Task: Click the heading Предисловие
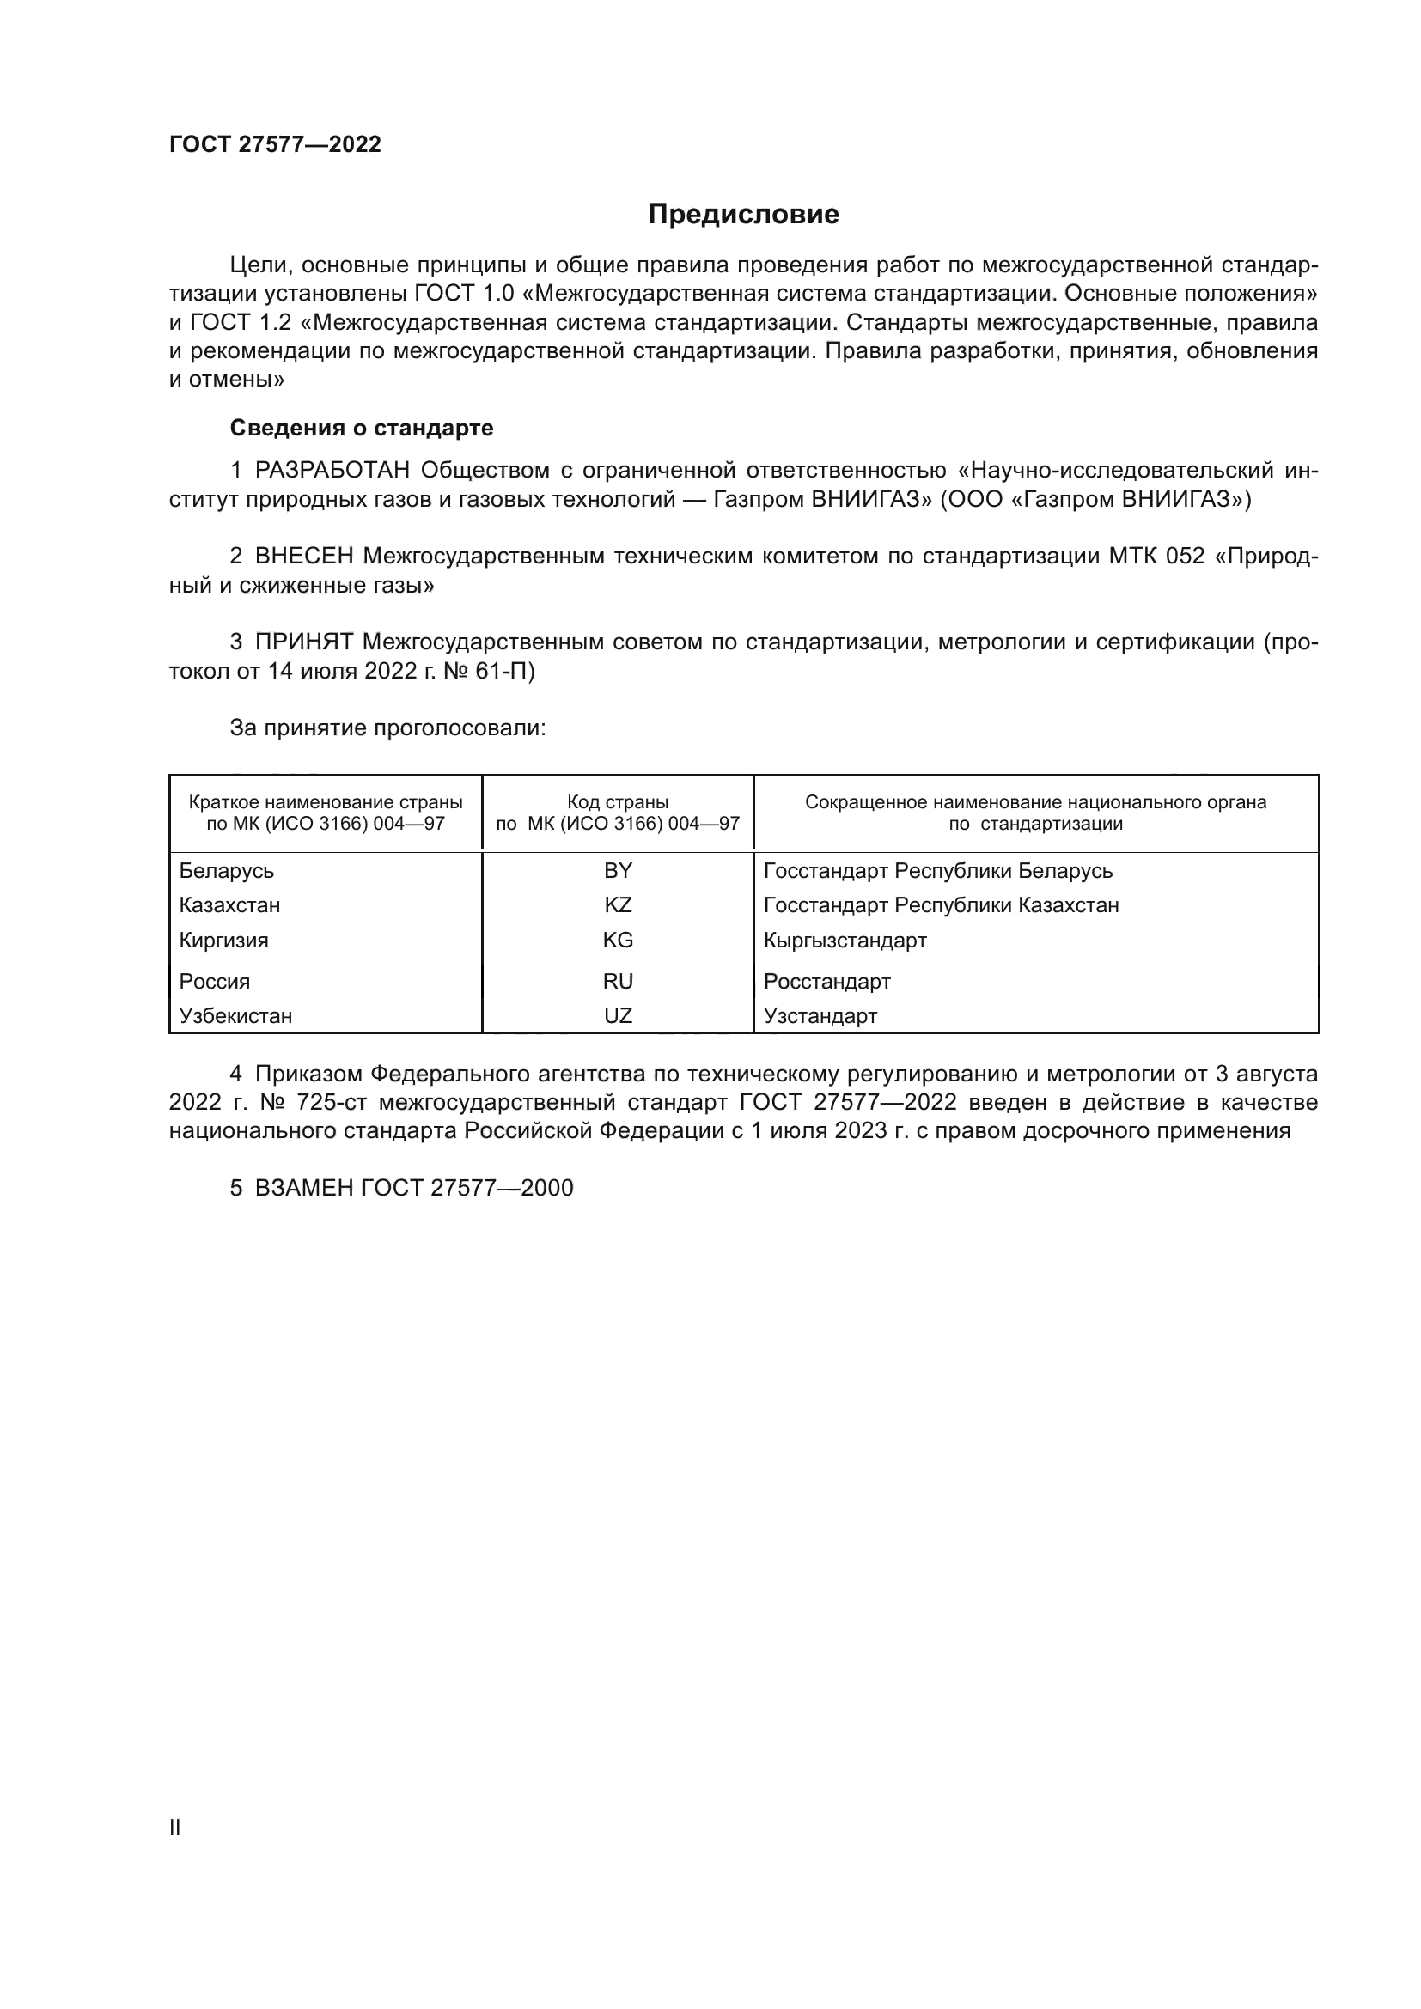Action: point(743,215)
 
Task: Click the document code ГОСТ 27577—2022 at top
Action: point(275,144)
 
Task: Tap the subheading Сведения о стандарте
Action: point(362,428)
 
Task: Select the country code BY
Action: point(618,871)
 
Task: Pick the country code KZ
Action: point(618,904)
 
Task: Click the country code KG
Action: point(618,941)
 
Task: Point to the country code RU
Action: point(618,981)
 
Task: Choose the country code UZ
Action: point(618,1016)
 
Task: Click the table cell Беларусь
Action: point(227,871)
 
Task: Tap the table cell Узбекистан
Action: point(235,1016)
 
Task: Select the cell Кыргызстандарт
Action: point(845,941)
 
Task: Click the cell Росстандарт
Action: point(826,981)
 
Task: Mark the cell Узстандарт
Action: point(820,1016)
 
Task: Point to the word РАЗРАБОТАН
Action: point(332,471)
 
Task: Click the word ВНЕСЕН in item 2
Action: point(303,557)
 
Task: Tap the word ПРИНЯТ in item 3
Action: point(303,642)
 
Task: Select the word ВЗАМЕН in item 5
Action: point(303,1188)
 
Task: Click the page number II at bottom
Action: point(175,1828)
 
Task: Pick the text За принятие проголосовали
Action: point(387,728)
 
